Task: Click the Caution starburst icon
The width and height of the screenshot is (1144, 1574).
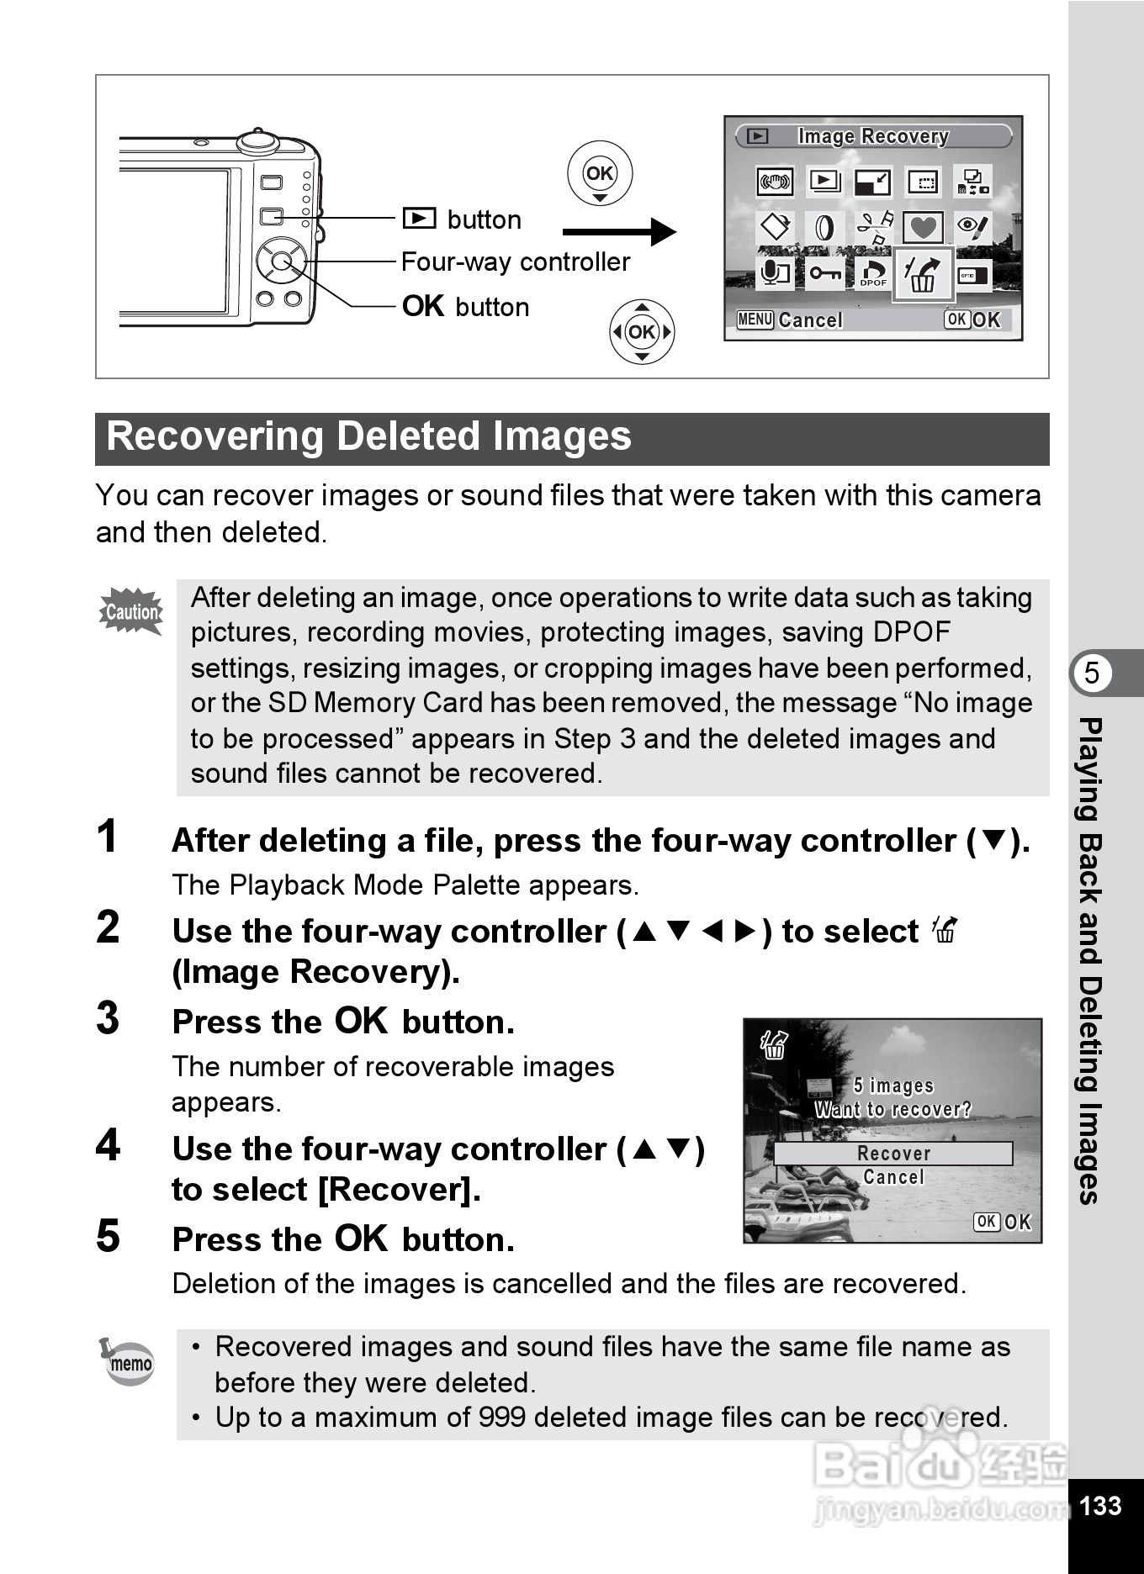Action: [131, 611]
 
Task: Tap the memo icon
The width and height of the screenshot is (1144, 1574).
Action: [127, 1361]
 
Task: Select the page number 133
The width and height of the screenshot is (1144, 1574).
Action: [1100, 1505]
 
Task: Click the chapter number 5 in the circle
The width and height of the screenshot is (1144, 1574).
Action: [1092, 673]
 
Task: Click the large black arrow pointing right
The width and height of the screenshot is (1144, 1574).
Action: [619, 231]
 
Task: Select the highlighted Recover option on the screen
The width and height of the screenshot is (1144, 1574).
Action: [893, 1154]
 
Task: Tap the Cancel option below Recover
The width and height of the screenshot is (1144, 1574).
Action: [893, 1177]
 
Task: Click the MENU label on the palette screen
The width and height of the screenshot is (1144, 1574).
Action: [755, 320]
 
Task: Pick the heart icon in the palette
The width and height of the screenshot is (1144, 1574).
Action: [924, 227]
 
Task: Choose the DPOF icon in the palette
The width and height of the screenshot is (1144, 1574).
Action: [873, 272]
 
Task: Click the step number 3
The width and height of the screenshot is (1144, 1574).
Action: [108, 1018]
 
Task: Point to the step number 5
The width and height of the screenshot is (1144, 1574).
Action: [108, 1236]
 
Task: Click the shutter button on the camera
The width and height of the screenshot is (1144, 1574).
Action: [257, 140]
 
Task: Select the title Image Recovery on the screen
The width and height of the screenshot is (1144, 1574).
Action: [873, 136]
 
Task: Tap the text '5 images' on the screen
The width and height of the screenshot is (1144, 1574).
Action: [893, 1086]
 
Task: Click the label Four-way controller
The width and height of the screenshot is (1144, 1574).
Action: [516, 262]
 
